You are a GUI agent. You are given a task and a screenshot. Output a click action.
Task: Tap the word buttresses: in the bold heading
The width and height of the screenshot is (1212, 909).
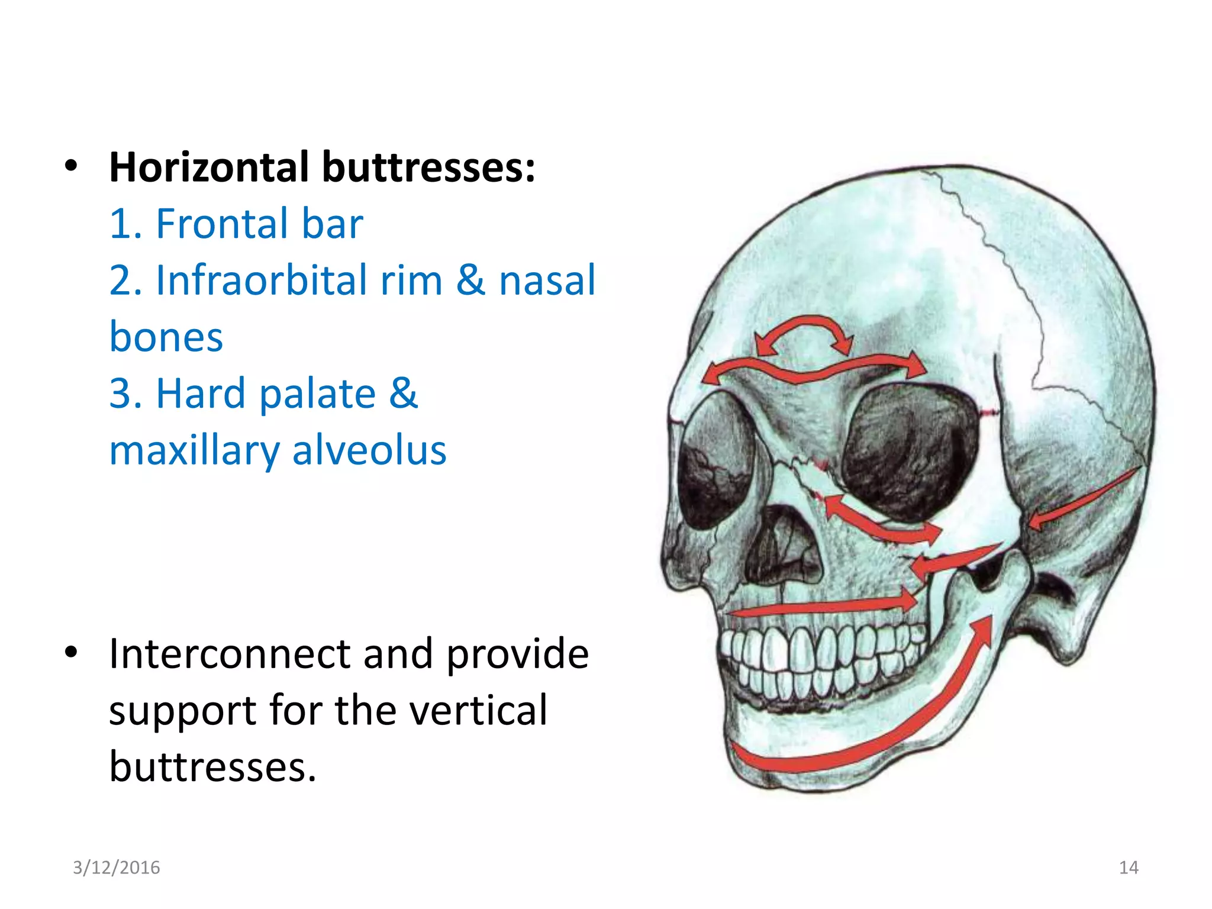pos(428,167)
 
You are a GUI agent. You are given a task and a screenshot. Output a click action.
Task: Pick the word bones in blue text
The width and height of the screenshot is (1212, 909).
pos(166,337)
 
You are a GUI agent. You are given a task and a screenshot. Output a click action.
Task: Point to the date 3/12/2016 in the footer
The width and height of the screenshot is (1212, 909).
pos(116,868)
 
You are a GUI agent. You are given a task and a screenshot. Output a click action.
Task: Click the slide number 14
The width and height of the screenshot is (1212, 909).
pos(1129,868)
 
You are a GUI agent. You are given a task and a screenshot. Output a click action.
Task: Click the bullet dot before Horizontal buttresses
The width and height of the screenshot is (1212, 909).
pos(72,166)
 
